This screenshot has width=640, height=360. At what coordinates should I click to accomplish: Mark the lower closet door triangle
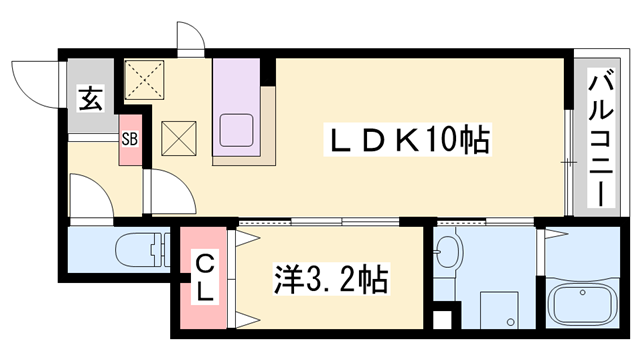(246, 319)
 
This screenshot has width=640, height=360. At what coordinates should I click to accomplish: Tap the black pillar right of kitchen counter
(267, 72)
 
